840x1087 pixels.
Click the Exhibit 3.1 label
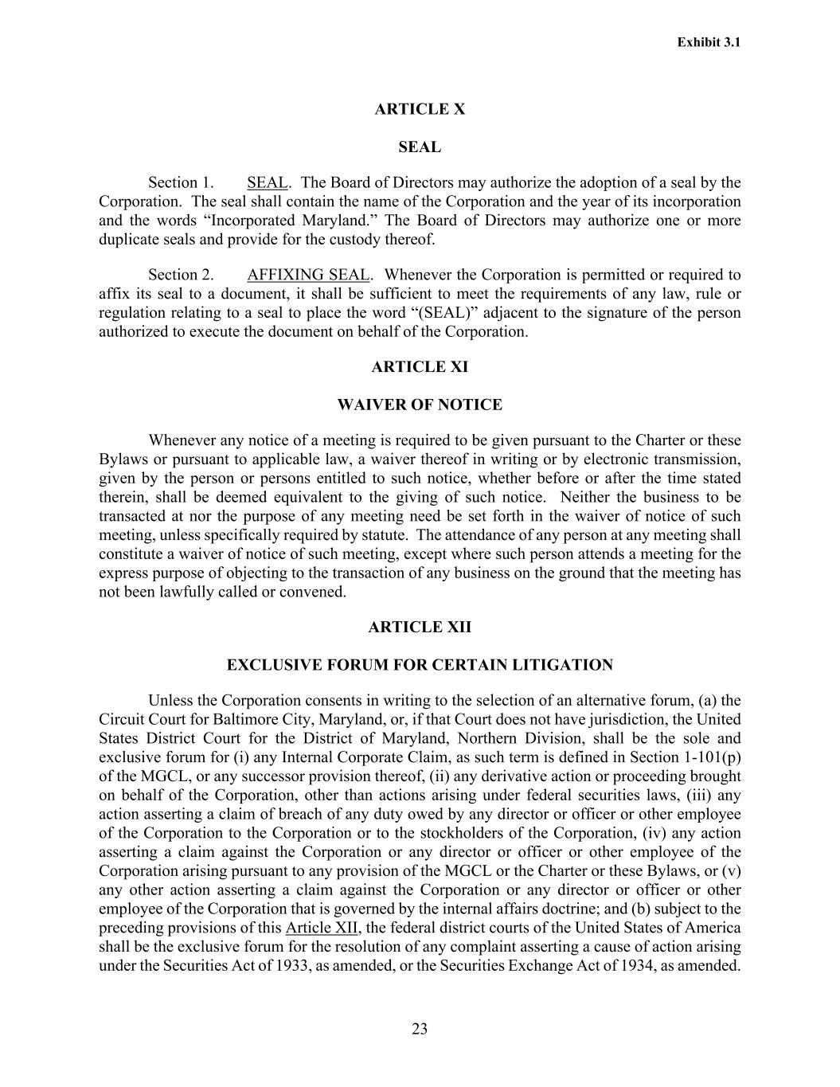tap(709, 42)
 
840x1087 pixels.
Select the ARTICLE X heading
tap(420, 109)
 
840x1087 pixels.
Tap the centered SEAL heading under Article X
tap(420, 147)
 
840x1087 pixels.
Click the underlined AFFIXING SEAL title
tap(308, 275)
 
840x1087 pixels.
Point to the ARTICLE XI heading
tap(420, 367)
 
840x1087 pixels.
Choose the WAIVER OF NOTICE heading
tap(420, 405)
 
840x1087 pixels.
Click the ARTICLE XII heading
tap(420, 628)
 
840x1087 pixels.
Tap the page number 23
tap(420, 1029)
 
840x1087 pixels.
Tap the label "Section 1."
tap(181, 182)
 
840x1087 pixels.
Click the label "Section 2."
tap(181, 275)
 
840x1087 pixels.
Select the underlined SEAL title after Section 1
tap(267, 182)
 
